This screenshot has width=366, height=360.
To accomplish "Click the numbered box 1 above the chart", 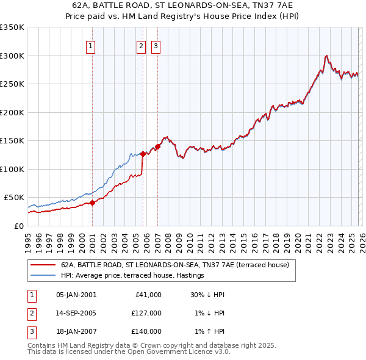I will click(x=90, y=46).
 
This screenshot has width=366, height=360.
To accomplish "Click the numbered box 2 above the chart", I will click(x=140, y=46).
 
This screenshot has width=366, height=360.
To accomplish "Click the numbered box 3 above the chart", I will click(x=156, y=46).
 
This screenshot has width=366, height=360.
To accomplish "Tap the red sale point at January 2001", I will click(x=92, y=203).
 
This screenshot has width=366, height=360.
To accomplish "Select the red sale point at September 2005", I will click(x=143, y=154).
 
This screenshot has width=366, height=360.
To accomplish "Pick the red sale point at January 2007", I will click(x=157, y=146).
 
